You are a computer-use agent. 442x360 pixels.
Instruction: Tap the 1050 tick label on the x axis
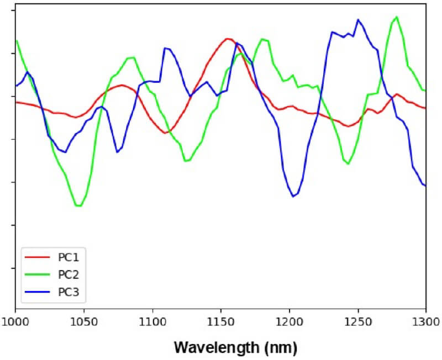(84, 321)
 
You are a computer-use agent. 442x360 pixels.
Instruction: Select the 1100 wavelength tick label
(152, 321)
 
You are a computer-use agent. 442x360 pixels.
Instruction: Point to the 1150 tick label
(221, 321)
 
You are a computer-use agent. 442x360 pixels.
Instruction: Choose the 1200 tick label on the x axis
(289, 321)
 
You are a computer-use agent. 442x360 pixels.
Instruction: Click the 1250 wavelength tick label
(357, 321)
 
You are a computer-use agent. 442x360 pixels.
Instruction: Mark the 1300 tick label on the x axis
(425, 321)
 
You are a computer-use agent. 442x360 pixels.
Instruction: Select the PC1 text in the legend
(69, 257)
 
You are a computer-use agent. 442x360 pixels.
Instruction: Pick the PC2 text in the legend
(69, 274)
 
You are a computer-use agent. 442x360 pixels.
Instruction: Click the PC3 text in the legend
(69, 292)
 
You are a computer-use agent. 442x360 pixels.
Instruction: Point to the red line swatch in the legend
(38, 257)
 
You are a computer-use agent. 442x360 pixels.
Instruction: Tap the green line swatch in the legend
(38, 274)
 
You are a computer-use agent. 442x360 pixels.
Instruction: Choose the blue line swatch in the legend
(38, 292)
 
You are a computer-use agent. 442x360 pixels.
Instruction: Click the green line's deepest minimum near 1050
(79, 206)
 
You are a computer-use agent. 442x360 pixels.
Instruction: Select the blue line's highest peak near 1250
(358, 19)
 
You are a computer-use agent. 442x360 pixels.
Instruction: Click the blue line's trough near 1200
(294, 196)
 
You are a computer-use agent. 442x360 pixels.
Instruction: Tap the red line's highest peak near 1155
(227, 39)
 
